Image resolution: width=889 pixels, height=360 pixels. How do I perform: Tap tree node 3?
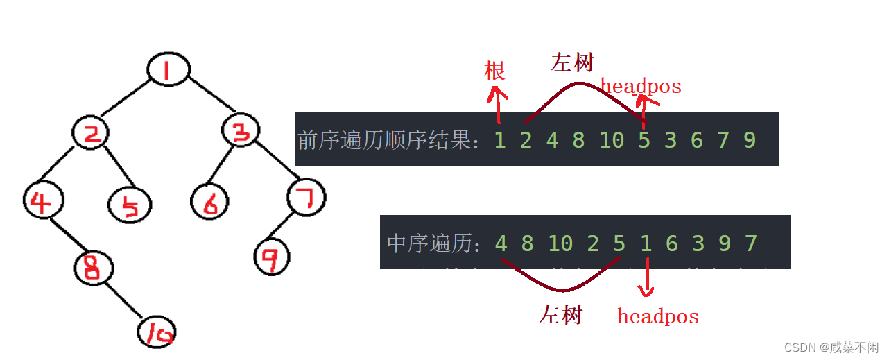(x=241, y=130)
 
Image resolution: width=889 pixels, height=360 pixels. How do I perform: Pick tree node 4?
(x=43, y=201)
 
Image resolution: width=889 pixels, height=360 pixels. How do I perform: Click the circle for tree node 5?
(x=130, y=205)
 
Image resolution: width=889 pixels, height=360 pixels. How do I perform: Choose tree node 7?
(x=306, y=198)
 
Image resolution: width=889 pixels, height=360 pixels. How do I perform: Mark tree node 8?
(x=94, y=268)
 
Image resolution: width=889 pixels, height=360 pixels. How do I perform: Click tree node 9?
(x=272, y=257)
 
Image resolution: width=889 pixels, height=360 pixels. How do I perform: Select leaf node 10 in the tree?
(x=157, y=332)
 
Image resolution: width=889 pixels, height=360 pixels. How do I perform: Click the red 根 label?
(x=494, y=70)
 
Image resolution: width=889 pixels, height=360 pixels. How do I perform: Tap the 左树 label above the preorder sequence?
(x=573, y=62)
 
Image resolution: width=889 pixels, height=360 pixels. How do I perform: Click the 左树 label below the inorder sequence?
(x=560, y=316)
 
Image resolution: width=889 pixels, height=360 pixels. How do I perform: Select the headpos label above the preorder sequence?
(x=641, y=87)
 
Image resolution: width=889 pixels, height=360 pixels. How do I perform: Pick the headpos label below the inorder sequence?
(x=658, y=317)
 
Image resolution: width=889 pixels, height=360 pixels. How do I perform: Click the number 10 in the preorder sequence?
(x=612, y=140)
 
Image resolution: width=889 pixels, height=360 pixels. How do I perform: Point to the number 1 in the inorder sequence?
(x=646, y=243)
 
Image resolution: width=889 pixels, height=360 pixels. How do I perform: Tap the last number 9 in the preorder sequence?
(x=750, y=140)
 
